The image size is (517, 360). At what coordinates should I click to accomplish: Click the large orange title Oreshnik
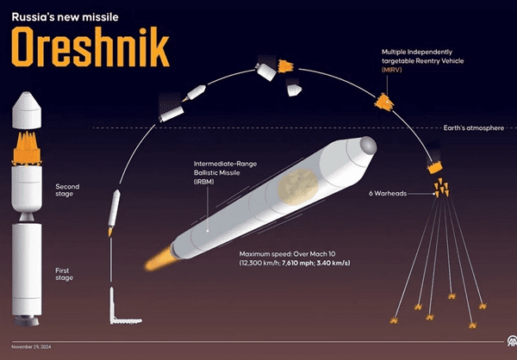(90, 47)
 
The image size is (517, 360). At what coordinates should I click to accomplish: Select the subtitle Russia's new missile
(65, 17)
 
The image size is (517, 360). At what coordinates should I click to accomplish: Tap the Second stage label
(67, 190)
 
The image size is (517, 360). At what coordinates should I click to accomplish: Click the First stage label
(65, 274)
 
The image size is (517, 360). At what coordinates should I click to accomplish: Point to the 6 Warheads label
(388, 194)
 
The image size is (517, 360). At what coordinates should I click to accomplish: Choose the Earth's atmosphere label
(473, 128)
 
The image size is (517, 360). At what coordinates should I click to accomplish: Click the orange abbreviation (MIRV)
(392, 70)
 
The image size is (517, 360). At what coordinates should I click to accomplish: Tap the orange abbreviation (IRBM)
(203, 182)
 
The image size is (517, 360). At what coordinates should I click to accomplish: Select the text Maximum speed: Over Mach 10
(288, 254)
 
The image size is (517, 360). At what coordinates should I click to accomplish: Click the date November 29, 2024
(31, 347)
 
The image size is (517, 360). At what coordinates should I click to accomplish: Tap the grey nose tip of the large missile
(368, 145)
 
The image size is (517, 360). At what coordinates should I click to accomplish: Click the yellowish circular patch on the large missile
(298, 187)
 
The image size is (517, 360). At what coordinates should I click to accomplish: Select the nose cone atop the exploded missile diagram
(27, 110)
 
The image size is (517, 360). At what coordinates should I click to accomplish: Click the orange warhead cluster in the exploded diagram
(27, 148)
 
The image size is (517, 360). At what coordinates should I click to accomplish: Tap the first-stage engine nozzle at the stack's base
(27, 320)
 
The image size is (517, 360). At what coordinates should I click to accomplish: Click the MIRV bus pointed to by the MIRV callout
(384, 102)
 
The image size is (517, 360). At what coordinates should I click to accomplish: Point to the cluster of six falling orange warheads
(441, 188)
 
